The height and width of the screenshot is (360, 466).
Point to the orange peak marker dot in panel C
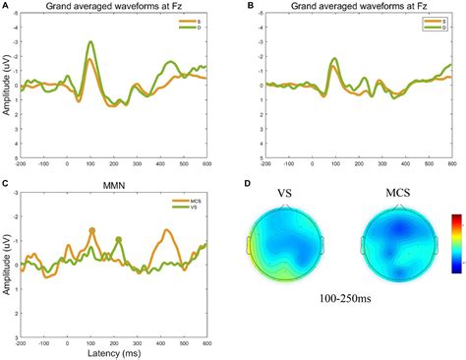pos(92,230)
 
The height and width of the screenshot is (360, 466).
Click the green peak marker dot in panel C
pos(119,239)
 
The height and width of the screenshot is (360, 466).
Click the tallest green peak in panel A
pos(91,42)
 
